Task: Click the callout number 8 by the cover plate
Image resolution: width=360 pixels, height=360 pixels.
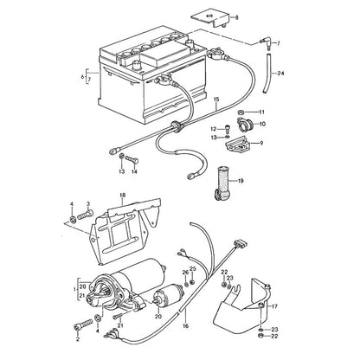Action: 237,17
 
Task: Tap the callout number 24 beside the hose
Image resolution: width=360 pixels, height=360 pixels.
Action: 280,74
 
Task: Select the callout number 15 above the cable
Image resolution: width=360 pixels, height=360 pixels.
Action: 216,100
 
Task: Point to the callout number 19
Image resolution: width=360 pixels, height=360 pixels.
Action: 241,181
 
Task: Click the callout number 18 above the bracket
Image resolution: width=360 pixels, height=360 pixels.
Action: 122,196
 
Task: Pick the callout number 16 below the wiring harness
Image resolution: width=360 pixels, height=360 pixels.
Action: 186,326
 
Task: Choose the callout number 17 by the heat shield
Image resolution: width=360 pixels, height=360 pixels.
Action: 274,306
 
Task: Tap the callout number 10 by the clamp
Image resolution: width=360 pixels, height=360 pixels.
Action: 262,124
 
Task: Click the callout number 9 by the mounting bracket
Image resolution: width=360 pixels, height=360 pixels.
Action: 261,143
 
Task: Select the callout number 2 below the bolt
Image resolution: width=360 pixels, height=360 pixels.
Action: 77,339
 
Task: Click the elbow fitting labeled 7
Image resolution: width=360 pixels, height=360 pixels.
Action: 266,42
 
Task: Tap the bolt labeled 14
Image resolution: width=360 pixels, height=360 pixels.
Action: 132,159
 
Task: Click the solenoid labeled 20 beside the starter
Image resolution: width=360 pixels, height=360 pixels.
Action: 167,293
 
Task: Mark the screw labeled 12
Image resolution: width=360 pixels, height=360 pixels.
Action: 227,128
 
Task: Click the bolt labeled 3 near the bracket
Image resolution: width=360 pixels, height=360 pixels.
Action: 85,215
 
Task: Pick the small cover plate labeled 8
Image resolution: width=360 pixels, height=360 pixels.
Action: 210,18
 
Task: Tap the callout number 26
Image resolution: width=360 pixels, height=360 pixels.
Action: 185,273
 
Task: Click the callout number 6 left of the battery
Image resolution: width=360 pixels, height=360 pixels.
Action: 82,77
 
